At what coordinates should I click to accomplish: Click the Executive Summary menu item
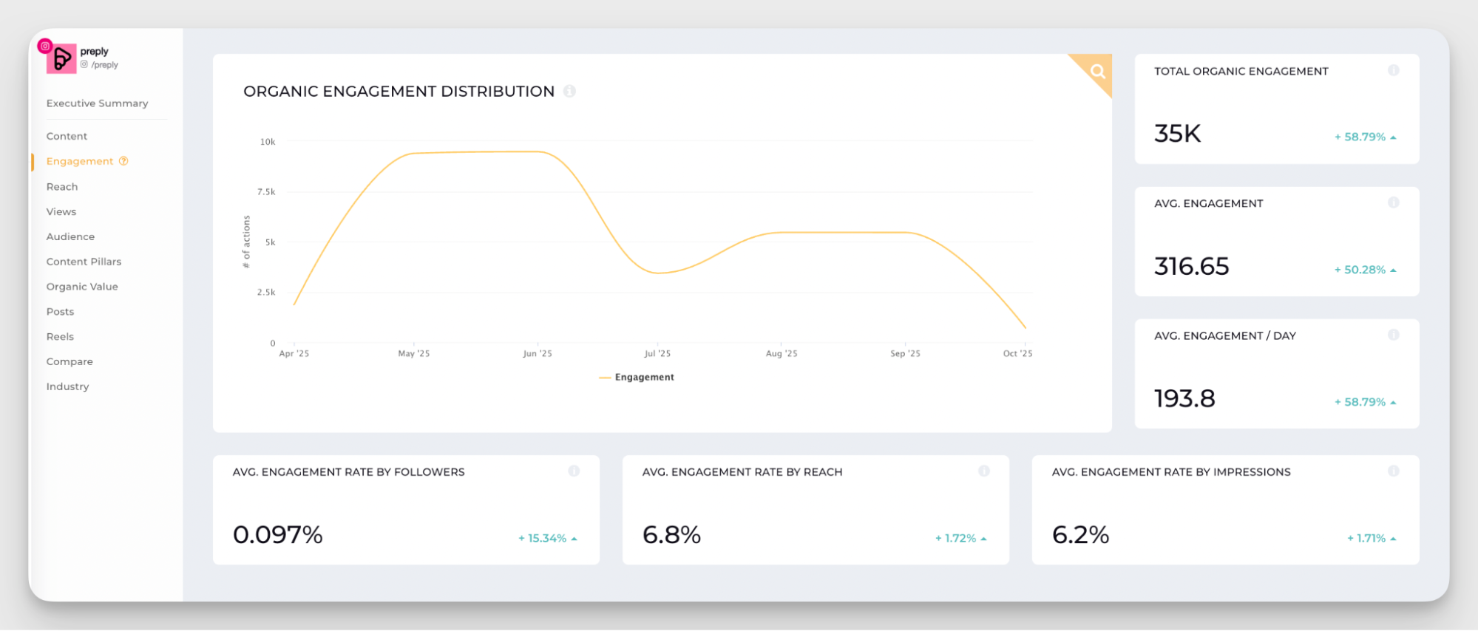97,103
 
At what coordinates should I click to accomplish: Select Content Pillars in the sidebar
84,262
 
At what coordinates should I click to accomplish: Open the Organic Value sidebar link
82,287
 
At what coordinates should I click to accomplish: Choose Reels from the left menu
60,337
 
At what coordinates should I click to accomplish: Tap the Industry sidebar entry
67,386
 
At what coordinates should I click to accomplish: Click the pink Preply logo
61,58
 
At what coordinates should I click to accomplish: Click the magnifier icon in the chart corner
1098,71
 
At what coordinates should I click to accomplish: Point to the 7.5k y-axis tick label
266,192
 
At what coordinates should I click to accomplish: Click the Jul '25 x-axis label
657,354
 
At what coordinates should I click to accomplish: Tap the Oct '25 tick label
1017,354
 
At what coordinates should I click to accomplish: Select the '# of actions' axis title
246,242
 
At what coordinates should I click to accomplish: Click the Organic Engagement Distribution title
399,92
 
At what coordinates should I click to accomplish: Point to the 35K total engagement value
1178,134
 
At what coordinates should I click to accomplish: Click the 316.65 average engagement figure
1192,266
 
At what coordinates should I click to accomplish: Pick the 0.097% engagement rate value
278,535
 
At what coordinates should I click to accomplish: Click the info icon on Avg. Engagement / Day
1394,335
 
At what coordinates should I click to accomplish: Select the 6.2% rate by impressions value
1080,535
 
